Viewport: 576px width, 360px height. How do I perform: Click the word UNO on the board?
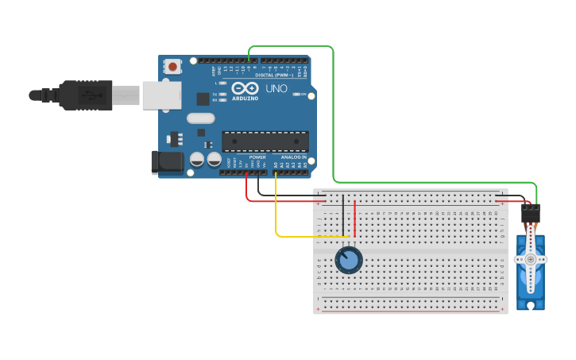tap(276, 88)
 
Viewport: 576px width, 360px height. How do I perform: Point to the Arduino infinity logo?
tap(245, 87)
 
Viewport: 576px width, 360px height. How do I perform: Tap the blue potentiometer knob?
tap(348, 260)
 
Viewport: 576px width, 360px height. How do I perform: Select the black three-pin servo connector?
tap(530, 213)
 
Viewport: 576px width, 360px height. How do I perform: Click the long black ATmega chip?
tap(265, 141)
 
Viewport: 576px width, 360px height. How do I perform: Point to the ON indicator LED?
tap(298, 94)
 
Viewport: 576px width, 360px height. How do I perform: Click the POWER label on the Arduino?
tap(257, 157)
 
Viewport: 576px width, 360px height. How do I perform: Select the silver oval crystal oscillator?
tap(201, 118)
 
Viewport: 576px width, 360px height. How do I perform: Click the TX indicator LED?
tap(225, 94)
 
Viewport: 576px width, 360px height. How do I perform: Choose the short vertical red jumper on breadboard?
tap(354, 219)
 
